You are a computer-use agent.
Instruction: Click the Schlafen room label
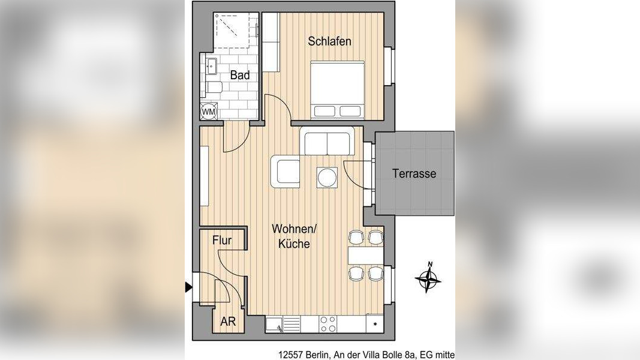[x=329, y=41]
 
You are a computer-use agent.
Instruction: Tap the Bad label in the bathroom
[x=240, y=75]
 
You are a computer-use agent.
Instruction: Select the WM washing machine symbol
[x=209, y=111]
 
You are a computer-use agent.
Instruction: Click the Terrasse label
[x=414, y=173]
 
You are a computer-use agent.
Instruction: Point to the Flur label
[x=222, y=241]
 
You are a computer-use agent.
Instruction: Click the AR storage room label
[x=228, y=321]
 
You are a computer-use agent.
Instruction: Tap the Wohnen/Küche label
[x=294, y=236]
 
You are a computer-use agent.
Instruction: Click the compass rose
[x=428, y=278]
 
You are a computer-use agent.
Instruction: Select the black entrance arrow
[x=188, y=287]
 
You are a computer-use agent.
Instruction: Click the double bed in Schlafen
[x=336, y=90]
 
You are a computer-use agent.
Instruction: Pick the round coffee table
[x=327, y=178]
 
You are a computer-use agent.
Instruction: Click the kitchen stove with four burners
[x=327, y=324]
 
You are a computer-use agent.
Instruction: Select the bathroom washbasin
[x=211, y=65]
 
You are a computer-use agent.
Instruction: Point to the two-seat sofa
[x=327, y=141]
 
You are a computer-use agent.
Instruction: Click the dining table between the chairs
[x=365, y=255]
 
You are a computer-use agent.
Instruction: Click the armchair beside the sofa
[x=285, y=172]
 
